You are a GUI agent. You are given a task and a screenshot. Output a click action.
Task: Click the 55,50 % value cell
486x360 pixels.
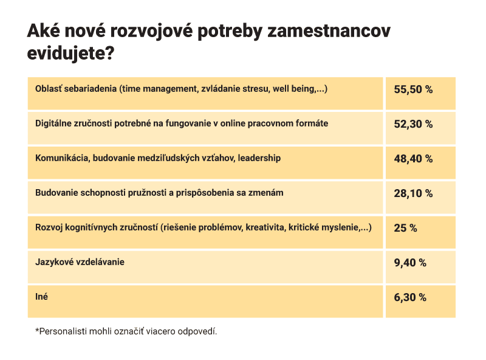coord(413,89)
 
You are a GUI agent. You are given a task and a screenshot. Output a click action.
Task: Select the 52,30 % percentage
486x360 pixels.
coord(413,124)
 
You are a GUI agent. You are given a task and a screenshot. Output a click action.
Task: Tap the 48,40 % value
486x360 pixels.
coord(413,159)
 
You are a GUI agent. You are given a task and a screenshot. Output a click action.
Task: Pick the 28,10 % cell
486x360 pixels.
coord(413,193)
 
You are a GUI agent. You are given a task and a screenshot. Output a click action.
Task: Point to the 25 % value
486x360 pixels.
coord(406,228)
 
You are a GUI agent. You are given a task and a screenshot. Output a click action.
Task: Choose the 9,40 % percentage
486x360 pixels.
coord(411,263)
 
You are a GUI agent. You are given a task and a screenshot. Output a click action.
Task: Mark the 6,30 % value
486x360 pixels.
coord(411,297)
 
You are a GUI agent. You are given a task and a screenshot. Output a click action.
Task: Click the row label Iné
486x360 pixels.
coord(42,297)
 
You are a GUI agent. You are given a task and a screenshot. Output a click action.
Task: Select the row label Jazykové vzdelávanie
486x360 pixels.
coord(80,262)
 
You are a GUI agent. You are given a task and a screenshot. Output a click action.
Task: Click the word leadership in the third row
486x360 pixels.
coord(259,158)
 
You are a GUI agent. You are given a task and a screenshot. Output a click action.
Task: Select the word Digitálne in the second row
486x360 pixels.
coord(54,123)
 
